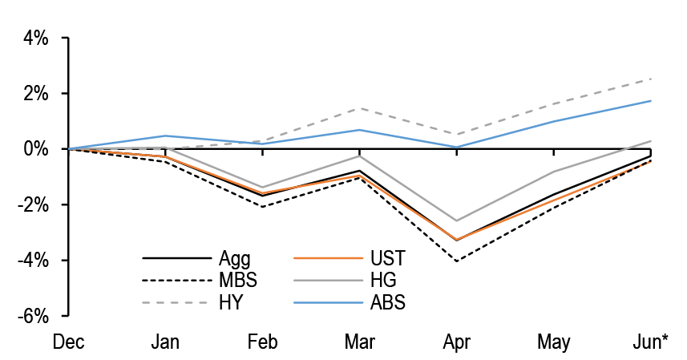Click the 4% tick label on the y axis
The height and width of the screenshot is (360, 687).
[x=36, y=38]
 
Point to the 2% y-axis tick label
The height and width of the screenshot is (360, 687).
[x=36, y=94]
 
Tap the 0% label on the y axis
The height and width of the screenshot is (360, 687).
[x=36, y=149]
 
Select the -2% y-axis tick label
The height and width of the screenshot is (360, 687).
[x=34, y=204]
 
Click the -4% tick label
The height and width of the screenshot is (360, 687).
[x=34, y=261]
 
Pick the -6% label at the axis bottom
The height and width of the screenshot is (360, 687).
[x=34, y=316]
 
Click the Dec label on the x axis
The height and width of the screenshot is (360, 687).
[x=69, y=342]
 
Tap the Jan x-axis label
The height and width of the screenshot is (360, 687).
[x=166, y=342]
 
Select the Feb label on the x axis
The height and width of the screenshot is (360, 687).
[x=263, y=342]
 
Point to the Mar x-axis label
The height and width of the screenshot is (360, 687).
[x=360, y=342]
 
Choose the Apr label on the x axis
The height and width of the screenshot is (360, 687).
[x=457, y=342]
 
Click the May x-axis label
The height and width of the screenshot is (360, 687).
[x=554, y=342]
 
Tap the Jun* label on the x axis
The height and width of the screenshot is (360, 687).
[x=649, y=342]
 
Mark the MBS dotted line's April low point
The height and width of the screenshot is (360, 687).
[x=457, y=261]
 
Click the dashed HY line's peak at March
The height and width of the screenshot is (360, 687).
[x=360, y=108]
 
